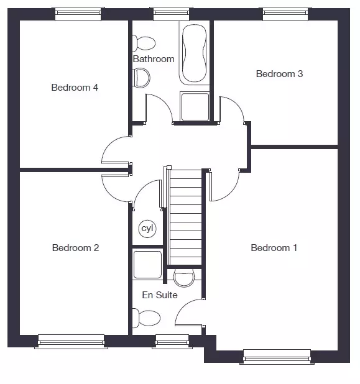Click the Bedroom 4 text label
pos(75,88)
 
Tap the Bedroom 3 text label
pos(279,74)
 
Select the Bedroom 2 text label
pos(75,247)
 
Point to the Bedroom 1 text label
pos(274,247)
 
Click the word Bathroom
pos(154,59)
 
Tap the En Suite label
pos(160,295)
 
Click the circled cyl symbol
pos(147,229)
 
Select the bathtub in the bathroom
pos(195,53)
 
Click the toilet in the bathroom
pos(144,43)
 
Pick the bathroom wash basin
pos(141,78)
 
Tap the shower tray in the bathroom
pos(195,106)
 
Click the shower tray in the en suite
pos(147,264)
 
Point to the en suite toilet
pos(146,318)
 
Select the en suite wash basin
pos(184,278)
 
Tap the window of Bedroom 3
pos(285,14)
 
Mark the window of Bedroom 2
pos(71,341)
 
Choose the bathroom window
pos(172,14)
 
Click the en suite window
pos(172,341)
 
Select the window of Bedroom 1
pos(277,357)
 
